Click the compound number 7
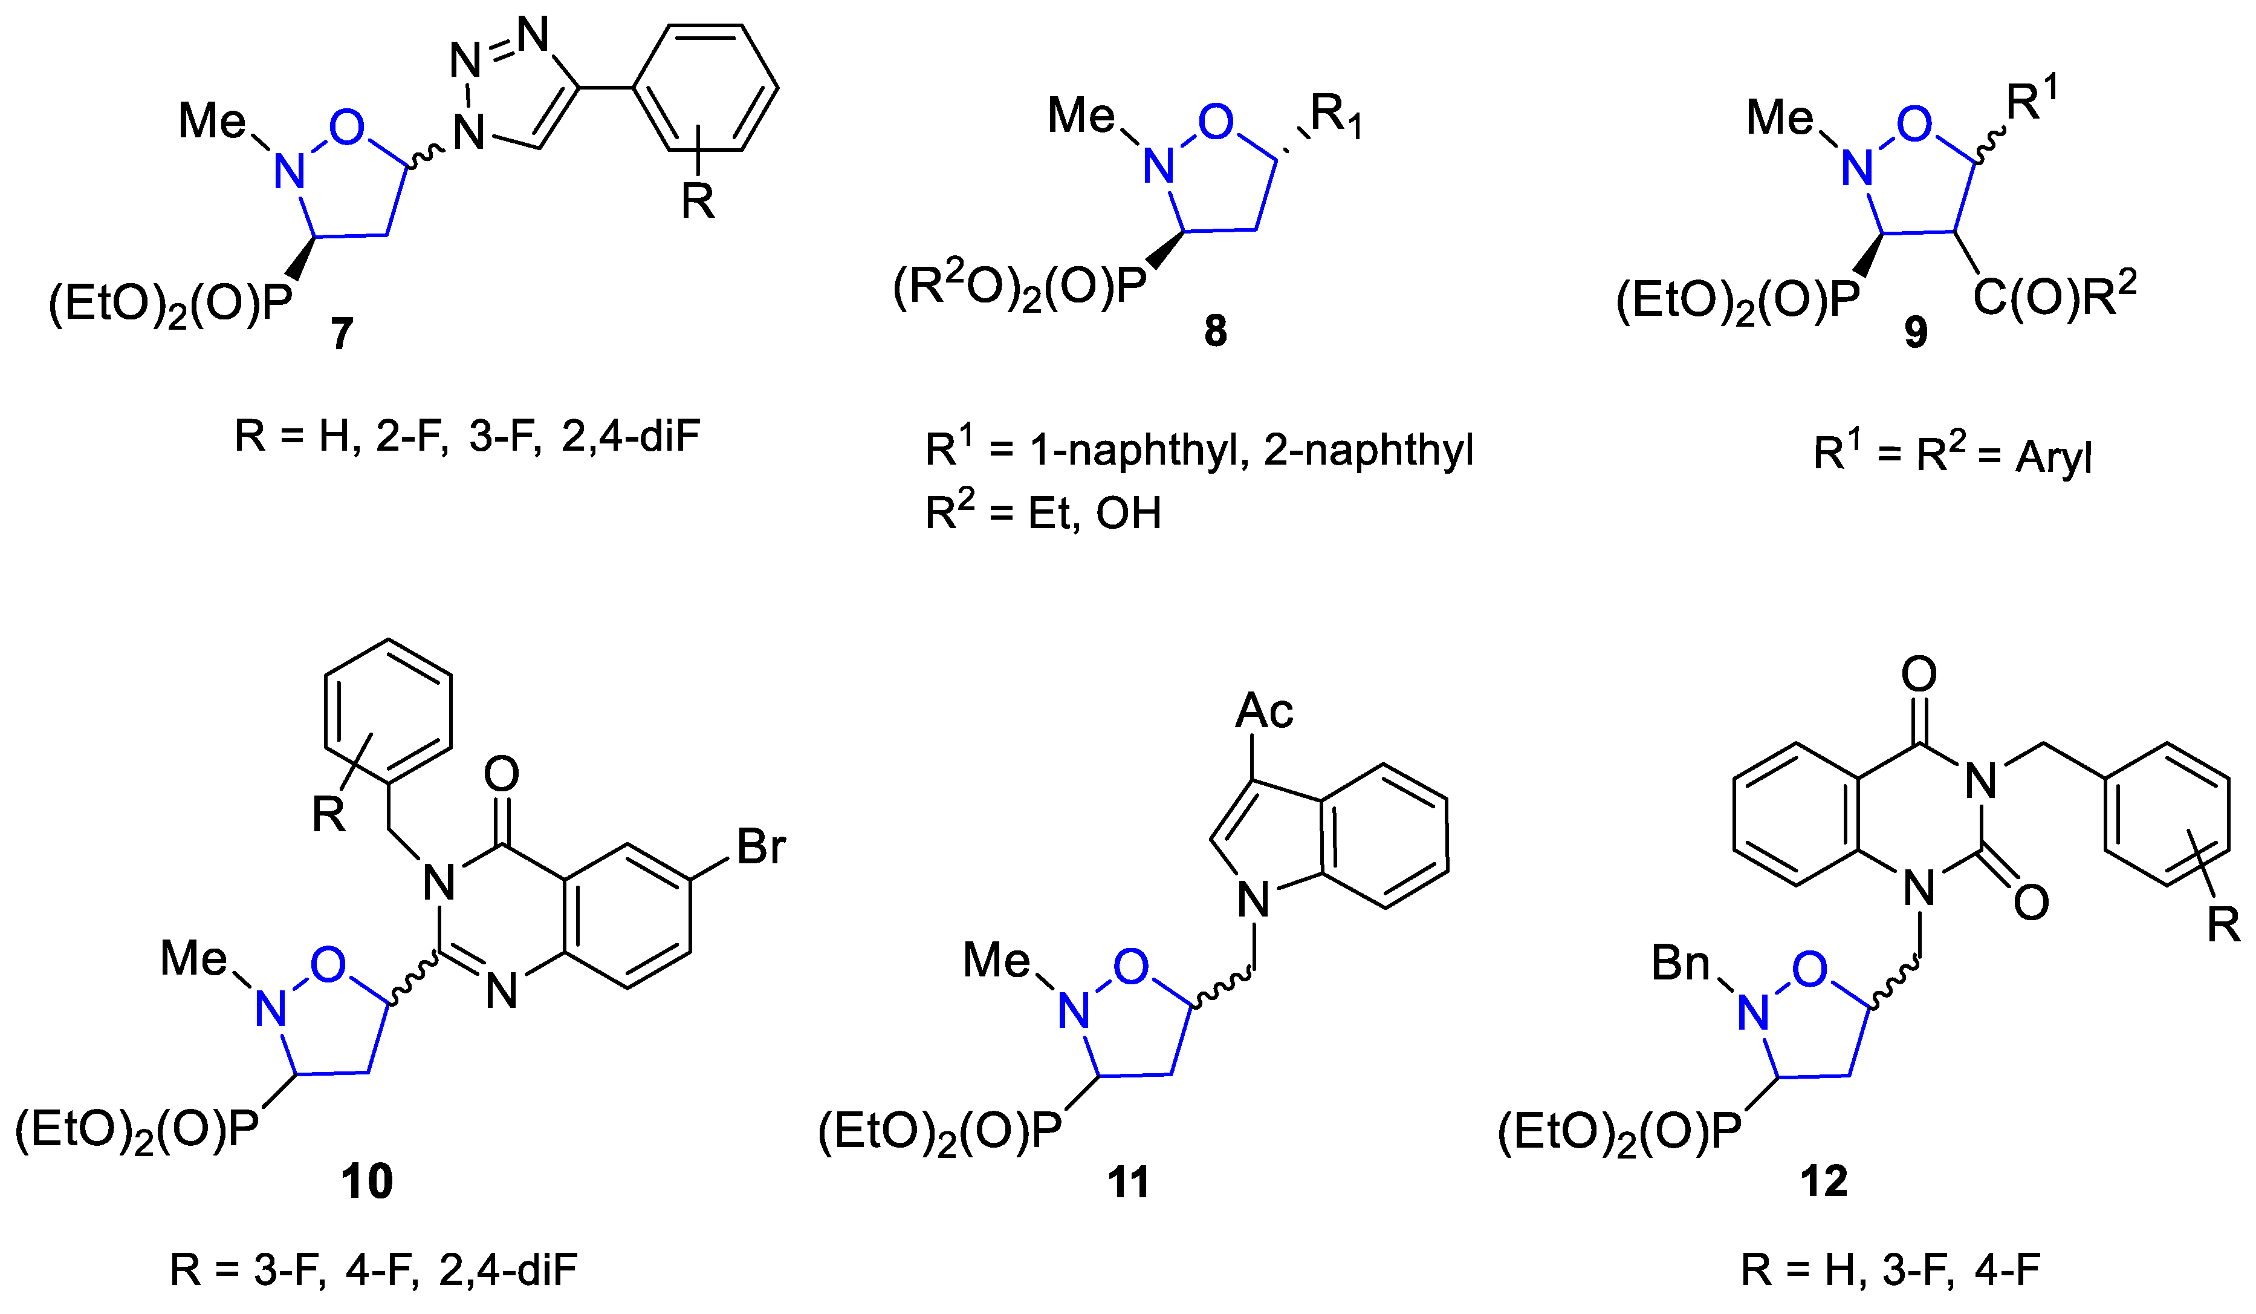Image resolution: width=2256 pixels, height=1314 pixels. pyautogui.click(x=342, y=333)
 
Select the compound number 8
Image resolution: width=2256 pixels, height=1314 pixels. pyautogui.click(x=1215, y=330)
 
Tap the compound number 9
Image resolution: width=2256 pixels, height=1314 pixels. pyautogui.click(x=1915, y=332)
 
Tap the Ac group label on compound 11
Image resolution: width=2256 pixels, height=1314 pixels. pyautogui.click(x=1263, y=711)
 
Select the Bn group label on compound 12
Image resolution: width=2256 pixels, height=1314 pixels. pyautogui.click(x=1679, y=964)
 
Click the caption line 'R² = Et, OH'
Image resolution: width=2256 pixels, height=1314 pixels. pyautogui.click(x=1043, y=512)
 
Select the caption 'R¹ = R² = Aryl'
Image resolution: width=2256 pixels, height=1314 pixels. pyautogui.click(x=1951, y=454)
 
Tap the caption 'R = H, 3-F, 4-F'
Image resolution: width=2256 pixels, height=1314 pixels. pyautogui.click(x=1890, y=1269)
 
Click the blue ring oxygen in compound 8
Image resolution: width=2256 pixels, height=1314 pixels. pyautogui.click(x=1215, y=123)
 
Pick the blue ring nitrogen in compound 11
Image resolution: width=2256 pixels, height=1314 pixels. pyautogui.click(x=1074, y=1012)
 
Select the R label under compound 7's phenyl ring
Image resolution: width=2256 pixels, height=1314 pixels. pyautogui.click(x=698, y=201)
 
